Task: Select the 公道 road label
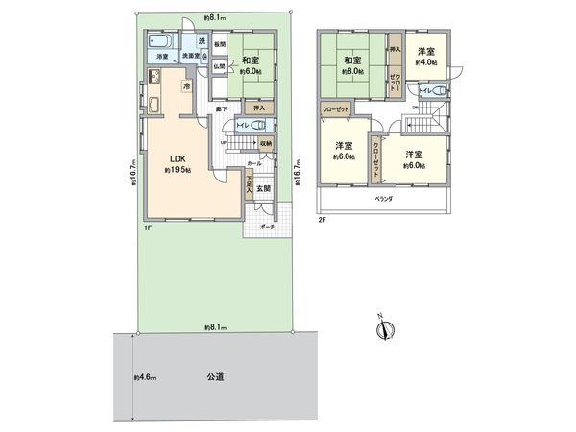pos(214,378)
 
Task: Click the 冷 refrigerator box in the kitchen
pos(187,87)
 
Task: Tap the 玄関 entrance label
pos(263,188)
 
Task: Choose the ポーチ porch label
pos(265,228)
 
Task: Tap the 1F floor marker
pos(149,228)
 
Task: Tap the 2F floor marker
pos(322,221)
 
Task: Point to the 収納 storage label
pos(265,144)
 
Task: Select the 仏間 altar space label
pos(219,65)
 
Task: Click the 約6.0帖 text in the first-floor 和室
pos(254,70)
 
